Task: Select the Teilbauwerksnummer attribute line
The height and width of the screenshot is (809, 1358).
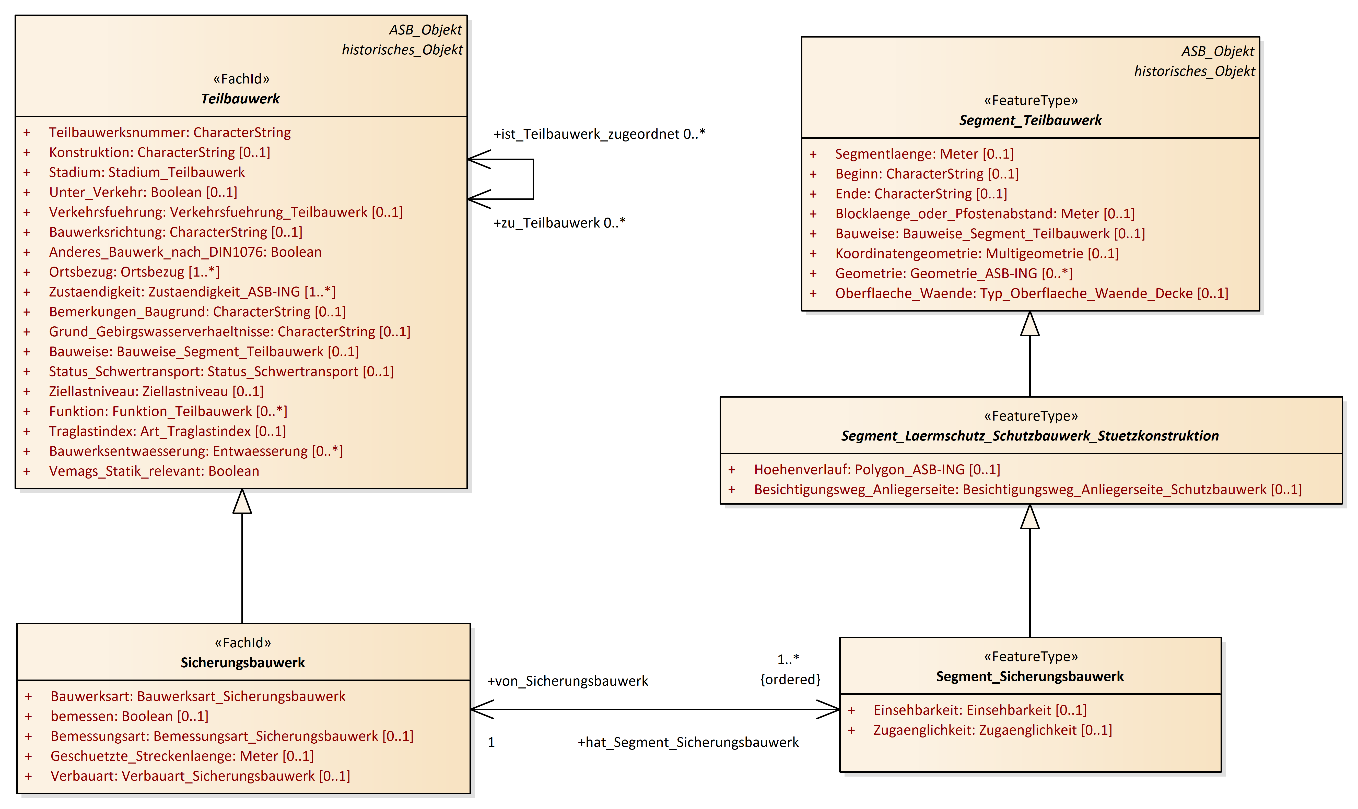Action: (170, 133)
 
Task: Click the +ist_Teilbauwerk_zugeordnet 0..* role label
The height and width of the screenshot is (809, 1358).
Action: (599, 134)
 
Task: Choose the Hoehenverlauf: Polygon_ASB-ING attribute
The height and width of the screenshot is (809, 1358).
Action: (877, 469)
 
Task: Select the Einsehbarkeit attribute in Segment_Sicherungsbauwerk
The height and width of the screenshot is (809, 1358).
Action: (980, 710)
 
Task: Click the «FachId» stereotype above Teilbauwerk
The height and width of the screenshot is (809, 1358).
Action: (241, 79)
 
